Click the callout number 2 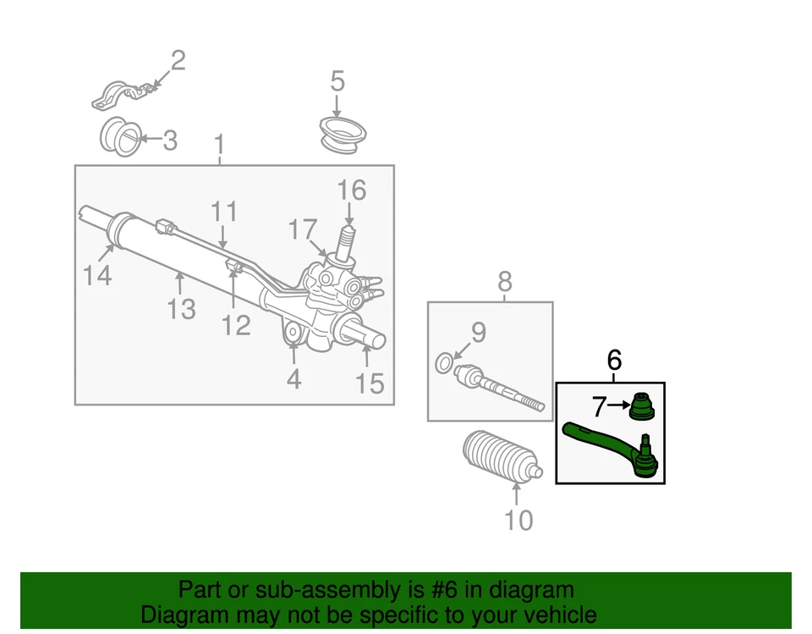[x=178, y=62]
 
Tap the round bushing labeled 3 [x=120, y=138]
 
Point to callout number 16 [x=352, y=191]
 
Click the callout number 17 [x=303, y=229]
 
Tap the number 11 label [x=224, y=212]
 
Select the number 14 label [x=97, y=275]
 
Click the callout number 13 [x=181, y=308]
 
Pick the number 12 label [x=237, y=324]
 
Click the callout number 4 [x=294, y=379]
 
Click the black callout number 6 [x=615, y=360]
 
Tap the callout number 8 [x=504, y=281]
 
